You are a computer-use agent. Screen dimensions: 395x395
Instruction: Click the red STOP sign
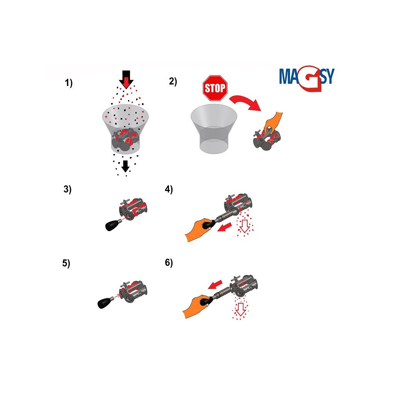click(x=215, y=88)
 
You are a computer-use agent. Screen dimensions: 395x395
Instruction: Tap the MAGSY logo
click(x=307, y=78)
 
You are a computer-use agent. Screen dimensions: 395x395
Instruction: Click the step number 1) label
click(x=69, y=83)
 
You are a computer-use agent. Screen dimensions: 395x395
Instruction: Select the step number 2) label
click(x=173, y=81)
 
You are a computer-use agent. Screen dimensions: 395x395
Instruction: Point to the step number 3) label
click(x=67, y=189)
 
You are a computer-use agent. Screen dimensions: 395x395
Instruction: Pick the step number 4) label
click(x=169, y=189)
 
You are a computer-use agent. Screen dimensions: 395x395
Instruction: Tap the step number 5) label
click(x=66, y=263)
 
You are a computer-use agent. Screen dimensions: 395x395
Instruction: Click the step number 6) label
click(x=169, y=263)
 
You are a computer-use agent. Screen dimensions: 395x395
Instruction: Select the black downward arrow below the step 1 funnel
click(x=125, y=166)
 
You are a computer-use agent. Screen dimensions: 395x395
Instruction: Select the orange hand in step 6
click(x=196, y=306)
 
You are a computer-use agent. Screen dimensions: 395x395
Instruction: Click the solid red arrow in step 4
click(x=225, y=226)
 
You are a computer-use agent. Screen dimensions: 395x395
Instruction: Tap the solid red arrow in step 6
click(x=215, y=285)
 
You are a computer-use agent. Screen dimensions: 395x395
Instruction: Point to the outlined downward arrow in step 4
click(x=245, y=226)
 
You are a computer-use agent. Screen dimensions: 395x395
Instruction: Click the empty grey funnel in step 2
click(x=214, y=129)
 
